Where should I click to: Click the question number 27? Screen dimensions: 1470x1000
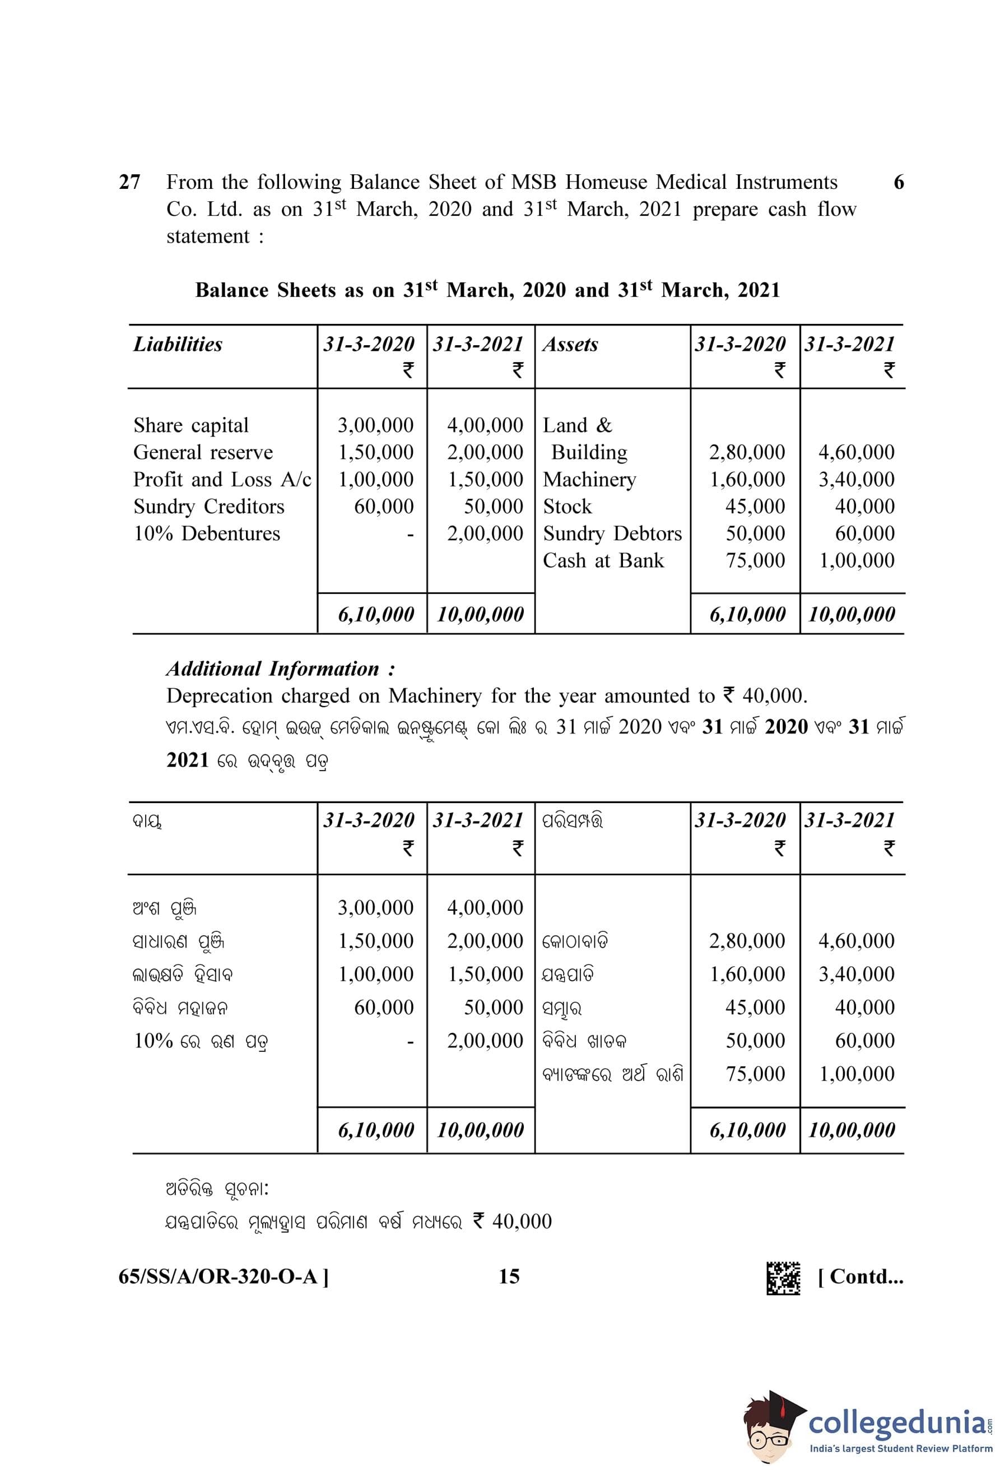pos(129,182)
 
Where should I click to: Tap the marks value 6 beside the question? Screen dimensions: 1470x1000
pos(898,182)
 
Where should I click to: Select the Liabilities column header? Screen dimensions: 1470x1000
pos(178,344)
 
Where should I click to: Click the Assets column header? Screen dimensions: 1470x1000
pos(570,344)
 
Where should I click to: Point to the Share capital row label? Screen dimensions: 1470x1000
pos(191,425)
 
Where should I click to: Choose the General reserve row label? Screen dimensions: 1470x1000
pos(203,452)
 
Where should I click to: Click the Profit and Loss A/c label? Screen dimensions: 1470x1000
pos(222,480)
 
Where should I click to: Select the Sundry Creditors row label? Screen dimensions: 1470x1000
pos(208,506)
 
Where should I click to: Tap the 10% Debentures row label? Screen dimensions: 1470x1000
pos(207,533)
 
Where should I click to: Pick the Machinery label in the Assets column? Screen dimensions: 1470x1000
pos(589,480)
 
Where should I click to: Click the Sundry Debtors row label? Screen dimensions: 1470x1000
pos(612,533)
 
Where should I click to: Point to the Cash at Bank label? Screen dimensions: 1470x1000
pos(603,560)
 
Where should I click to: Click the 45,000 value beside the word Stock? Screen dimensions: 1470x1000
pos(755,506)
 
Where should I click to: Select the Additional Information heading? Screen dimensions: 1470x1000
pos(281,669)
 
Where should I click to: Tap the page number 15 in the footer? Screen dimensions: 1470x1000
pos(509,1276)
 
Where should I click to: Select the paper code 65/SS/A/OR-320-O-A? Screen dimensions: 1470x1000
pos(223,1277)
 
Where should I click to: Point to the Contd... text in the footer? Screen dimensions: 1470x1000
pos(861,1277)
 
